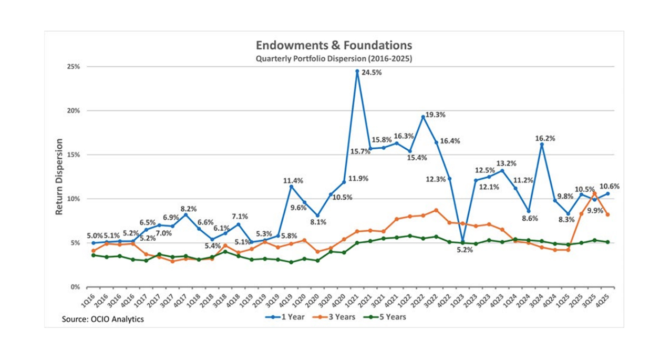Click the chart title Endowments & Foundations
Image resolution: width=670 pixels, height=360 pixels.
tap(334, 45)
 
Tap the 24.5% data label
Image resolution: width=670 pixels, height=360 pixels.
tap(371, 73)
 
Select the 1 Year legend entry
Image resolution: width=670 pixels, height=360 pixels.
tap(284, 317)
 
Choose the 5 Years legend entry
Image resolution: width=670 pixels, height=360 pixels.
tap(385, 317)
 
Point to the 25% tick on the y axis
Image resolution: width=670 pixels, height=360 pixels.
tap(73, 67)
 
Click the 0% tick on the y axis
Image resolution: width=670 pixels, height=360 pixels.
tap(75, 287)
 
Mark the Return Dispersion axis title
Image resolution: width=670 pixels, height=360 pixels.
tap(59, 177)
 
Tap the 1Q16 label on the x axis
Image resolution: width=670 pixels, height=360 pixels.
tap(90, 301)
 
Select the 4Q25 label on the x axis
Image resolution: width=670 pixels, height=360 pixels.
tap(606, 301)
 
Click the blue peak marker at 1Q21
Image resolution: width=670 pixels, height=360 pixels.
tap(357, 71)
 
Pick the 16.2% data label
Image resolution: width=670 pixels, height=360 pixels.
tap(545, 139)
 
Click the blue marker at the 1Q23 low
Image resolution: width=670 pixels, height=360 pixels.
tap(462, 241)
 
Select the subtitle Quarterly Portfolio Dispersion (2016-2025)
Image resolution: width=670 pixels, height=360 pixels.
tap(334, 59)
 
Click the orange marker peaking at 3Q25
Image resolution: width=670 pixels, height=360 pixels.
tap(594, 193)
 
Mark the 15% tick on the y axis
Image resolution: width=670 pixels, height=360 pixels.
tap(73, 155)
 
